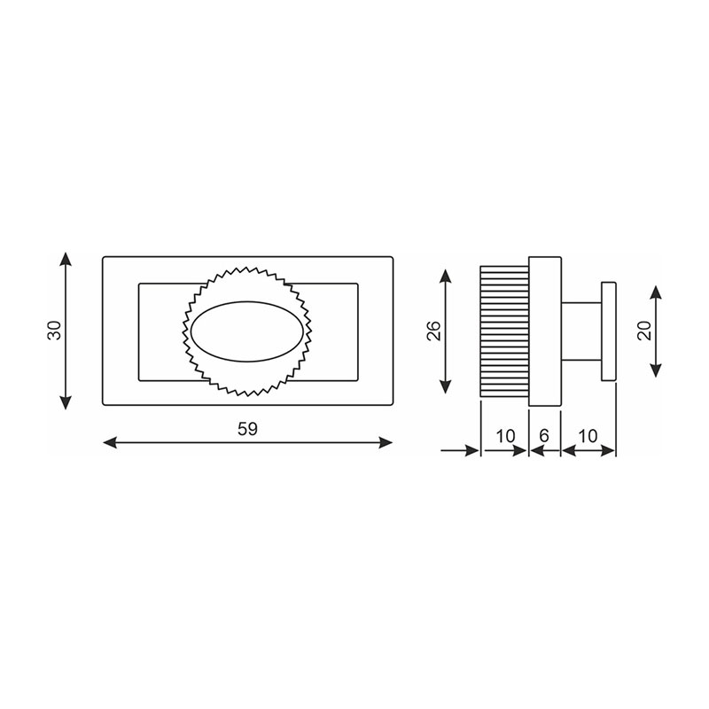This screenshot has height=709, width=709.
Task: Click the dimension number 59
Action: pos(247,429)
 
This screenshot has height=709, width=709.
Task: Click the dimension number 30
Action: pos(54,330)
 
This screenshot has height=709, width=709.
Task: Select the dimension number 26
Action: pos(433,331)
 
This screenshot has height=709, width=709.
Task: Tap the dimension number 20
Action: pos(644,331)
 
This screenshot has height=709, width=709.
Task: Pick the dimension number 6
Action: pos(544,436)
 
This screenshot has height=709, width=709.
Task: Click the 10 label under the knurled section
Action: pos(505,436)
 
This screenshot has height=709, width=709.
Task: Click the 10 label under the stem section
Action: pos(588,436)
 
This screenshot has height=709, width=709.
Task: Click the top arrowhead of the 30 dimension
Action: pos(65,258)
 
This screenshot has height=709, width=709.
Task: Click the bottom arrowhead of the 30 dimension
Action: pos(65,404)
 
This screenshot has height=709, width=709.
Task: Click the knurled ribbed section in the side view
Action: pos(504,331)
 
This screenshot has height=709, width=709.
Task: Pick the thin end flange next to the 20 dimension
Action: pos(608,331)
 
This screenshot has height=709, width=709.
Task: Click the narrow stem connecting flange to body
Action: pos(580,331)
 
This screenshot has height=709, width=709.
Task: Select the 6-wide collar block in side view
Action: pos(545,331)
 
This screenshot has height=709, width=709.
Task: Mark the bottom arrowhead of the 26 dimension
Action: pos(446,391)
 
